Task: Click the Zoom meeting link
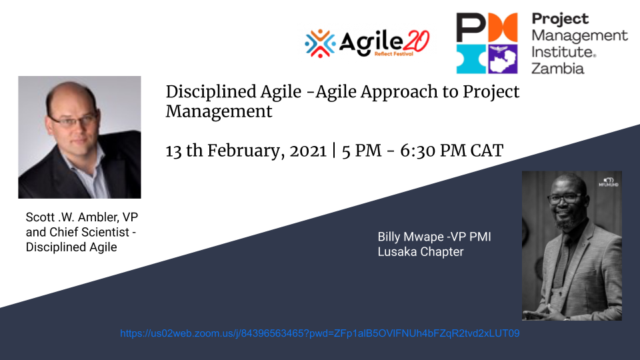click(x=319, y=333)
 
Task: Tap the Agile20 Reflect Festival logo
click(x=367, y=43)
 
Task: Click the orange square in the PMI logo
click(x=503, y=27)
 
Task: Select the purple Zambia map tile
click(x=503, y=59)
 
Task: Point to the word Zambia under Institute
click(x=558, y=68)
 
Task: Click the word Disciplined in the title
click(x=211, y=92)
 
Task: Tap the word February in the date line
click(x=246, y=151)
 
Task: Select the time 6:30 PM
click(x=433, y=151)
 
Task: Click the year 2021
click(x=308, y=151)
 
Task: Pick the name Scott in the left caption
click(x=41, y=217)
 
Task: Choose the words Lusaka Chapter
click(x=421, y=252)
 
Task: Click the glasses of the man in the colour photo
click(x=73, y=121)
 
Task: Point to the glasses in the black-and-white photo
click(x=565, y=199)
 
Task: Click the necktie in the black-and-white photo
click(x=561, y=261)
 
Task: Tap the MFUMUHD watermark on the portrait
click(x=609, y=183)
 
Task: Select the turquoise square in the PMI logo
click(x=471, y=59)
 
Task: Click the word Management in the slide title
click(x=219, y=112)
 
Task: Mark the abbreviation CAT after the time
click(x=487, y=151)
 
